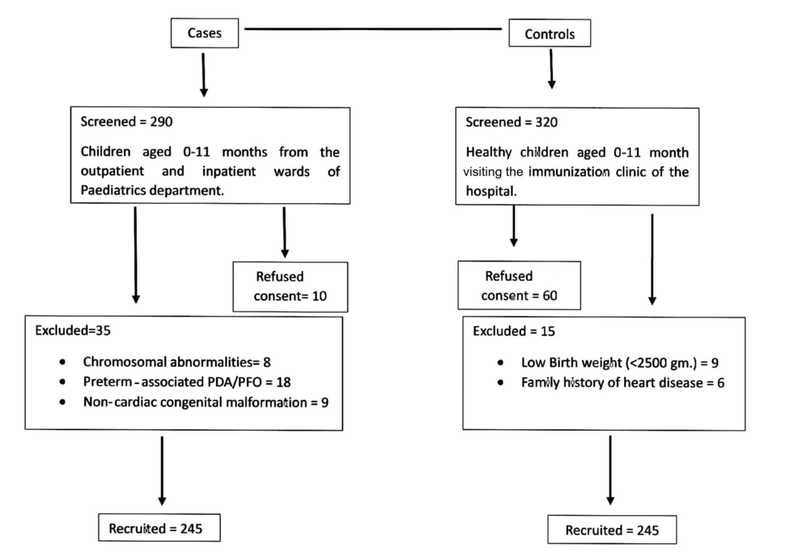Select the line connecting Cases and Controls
[373, 29]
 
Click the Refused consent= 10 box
[291, 286]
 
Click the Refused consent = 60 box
[519, 286]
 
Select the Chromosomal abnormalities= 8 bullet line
[181, 362]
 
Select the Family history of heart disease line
[622, 383]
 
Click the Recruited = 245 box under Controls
[612, 531]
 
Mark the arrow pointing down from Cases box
[204, 76]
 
